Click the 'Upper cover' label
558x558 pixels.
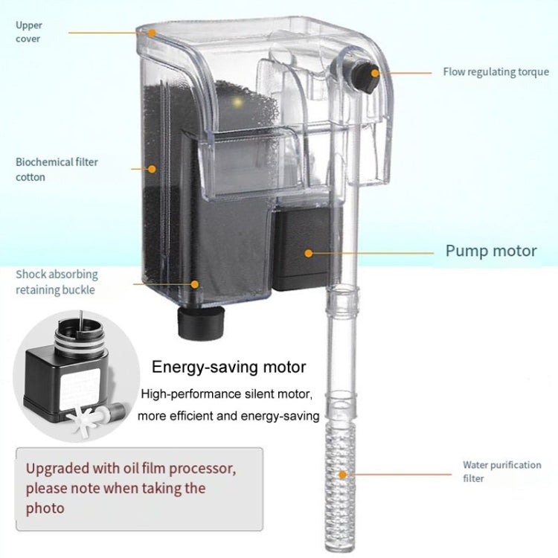click(x=29, y=31)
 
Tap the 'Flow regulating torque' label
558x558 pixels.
click(x=496, y=72)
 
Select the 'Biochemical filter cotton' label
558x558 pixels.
click(x=57, y=169)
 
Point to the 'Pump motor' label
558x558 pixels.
click(x=490, y=251)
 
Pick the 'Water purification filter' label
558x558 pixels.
click(x=501, y=471)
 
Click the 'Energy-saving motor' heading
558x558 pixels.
click(x=229, y=367)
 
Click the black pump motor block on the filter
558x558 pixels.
click(x=301, y=249)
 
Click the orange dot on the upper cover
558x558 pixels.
click(x=151, y=32)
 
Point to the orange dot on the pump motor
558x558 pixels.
click(x=308, y=253)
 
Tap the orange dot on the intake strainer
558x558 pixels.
click(x=342, y=473)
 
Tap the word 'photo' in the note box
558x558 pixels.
click(x=45, y=508)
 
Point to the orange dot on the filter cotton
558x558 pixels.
click(x=152, y=169)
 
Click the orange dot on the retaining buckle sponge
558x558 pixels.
click(x=195, y=283)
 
